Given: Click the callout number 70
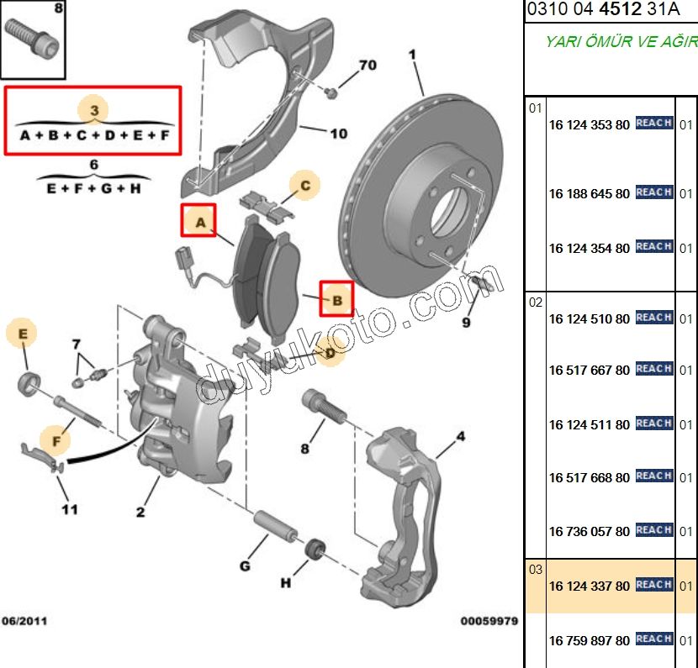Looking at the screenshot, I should tap(368, 65).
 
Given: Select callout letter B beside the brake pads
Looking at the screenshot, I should tap(336, 298).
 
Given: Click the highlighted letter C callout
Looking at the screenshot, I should tap(306, 185).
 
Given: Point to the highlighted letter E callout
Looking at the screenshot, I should tap(24, 334).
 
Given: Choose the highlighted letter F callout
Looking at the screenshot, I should tap(57, 439).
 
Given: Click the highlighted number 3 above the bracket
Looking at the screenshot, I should tap(94, 110).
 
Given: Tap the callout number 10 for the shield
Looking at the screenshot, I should tap(338, 133).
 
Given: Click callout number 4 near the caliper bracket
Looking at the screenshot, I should tap(461, 436).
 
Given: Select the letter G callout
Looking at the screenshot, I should tap(245, 565).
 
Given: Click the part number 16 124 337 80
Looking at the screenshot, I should tap(589, 585).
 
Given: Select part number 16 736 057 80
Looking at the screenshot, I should tap(589, 531).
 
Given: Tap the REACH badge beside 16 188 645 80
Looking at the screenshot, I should tap(653, 192).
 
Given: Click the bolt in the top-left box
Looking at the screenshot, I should tap(34, 39).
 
